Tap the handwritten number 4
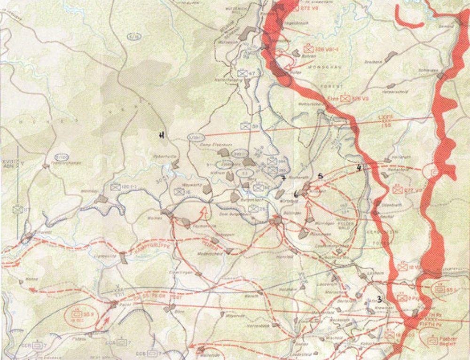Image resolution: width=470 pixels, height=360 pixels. pos(360,167)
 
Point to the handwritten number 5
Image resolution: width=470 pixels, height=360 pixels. pos(321,176)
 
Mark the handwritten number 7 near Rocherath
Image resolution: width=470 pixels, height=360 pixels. pos(284,178)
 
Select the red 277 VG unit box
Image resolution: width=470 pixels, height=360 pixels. pos(398,190)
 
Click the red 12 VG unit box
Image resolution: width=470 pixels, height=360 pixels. pos(402,267)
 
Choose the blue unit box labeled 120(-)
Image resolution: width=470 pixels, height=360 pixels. pos(115,187)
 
